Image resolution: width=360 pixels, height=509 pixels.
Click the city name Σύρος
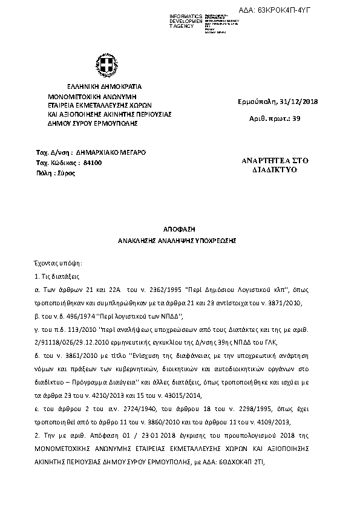pos(66,173)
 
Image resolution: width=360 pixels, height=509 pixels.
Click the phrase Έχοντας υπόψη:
pos(58,264)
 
